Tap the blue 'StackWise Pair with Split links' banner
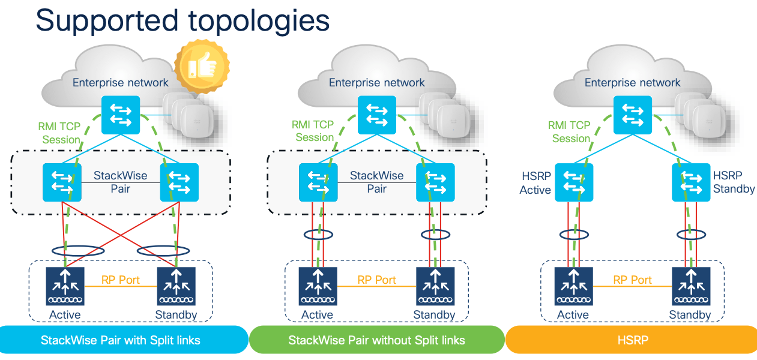pos(121,340)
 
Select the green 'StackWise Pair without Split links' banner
pos(376,340)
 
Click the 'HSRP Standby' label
pos(734,182)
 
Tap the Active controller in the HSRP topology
pos(573,286)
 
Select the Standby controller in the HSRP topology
pos(690,286)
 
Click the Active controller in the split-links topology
pos(65,286)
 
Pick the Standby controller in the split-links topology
pos(176,286)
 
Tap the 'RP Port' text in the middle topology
pos(376,280)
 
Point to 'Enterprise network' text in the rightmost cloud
pos(633,83)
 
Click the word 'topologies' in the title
pos(255,20)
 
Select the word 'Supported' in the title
pos(104,20)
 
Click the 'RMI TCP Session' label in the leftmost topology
pos(59,133)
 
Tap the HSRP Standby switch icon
pos(690,182)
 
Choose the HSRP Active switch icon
pos(573,182)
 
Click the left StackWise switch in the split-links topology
pos(61,182)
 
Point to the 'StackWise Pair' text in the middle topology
pos(376,182)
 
